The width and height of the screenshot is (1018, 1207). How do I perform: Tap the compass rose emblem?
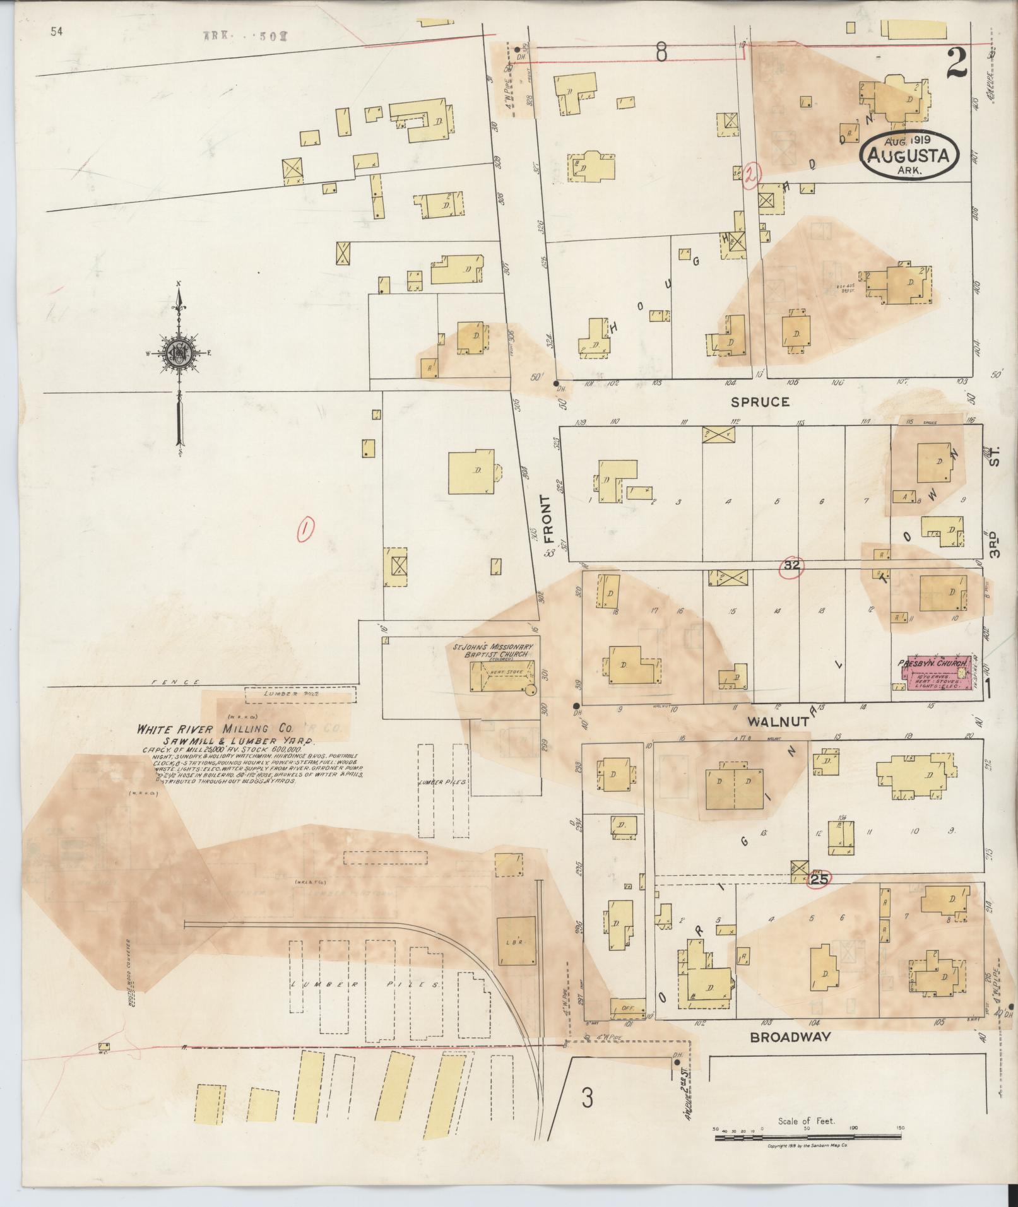[x=179, y=354]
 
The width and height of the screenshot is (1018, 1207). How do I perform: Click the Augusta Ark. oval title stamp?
[x=909, y=155]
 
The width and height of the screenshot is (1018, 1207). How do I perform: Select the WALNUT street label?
[x=778, y=721]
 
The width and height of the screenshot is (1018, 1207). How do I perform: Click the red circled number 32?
[x=791, y=566]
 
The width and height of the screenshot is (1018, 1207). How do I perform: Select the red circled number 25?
[x=819, y=878]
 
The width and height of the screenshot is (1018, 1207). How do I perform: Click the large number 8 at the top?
[x=661, y=53]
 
